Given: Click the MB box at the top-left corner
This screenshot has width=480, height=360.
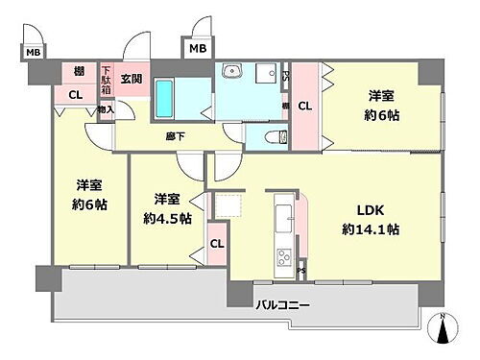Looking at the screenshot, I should (33, 52).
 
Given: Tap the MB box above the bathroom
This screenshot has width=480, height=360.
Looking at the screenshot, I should (197, 49).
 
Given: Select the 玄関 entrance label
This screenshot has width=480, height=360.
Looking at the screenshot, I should (132, 79).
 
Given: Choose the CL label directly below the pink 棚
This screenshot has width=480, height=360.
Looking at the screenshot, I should (75, 94).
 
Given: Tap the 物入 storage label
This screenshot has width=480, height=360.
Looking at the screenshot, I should (107, 109).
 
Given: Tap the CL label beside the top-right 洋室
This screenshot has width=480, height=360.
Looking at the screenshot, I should (304, 107).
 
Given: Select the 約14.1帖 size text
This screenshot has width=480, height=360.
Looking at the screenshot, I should (371, 229).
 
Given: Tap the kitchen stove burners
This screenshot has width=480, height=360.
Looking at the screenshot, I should (284, 256).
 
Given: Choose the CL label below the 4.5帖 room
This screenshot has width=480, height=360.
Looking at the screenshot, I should (217, 244).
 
